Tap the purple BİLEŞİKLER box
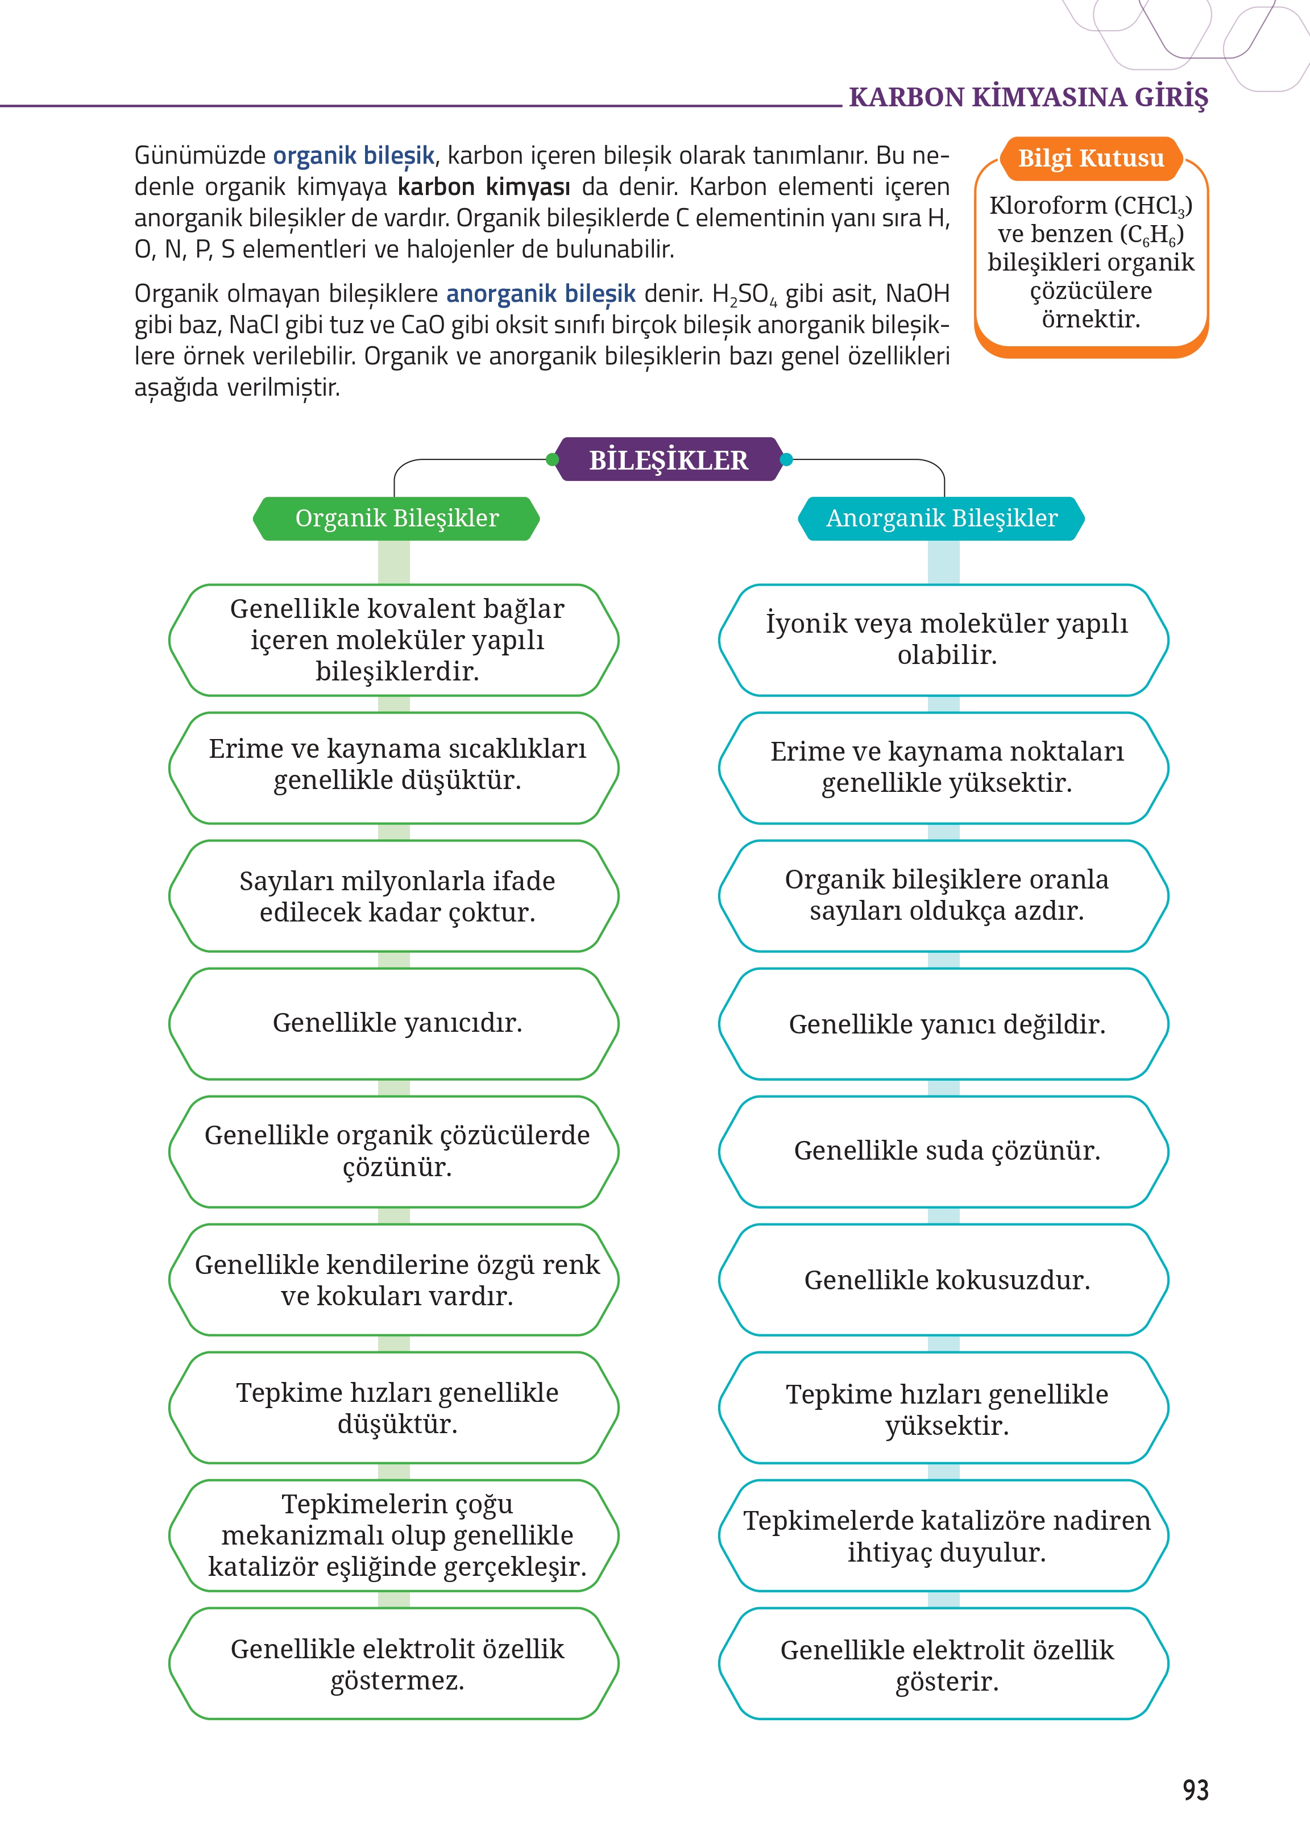click(x=668, y=460)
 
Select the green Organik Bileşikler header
click(x=396, y=518)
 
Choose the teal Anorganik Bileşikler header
click(x=942, y=518)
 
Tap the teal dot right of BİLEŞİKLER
click(x=786, y=460)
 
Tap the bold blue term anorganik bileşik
click(x=541, y=293)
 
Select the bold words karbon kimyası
click(x=483, y=186)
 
